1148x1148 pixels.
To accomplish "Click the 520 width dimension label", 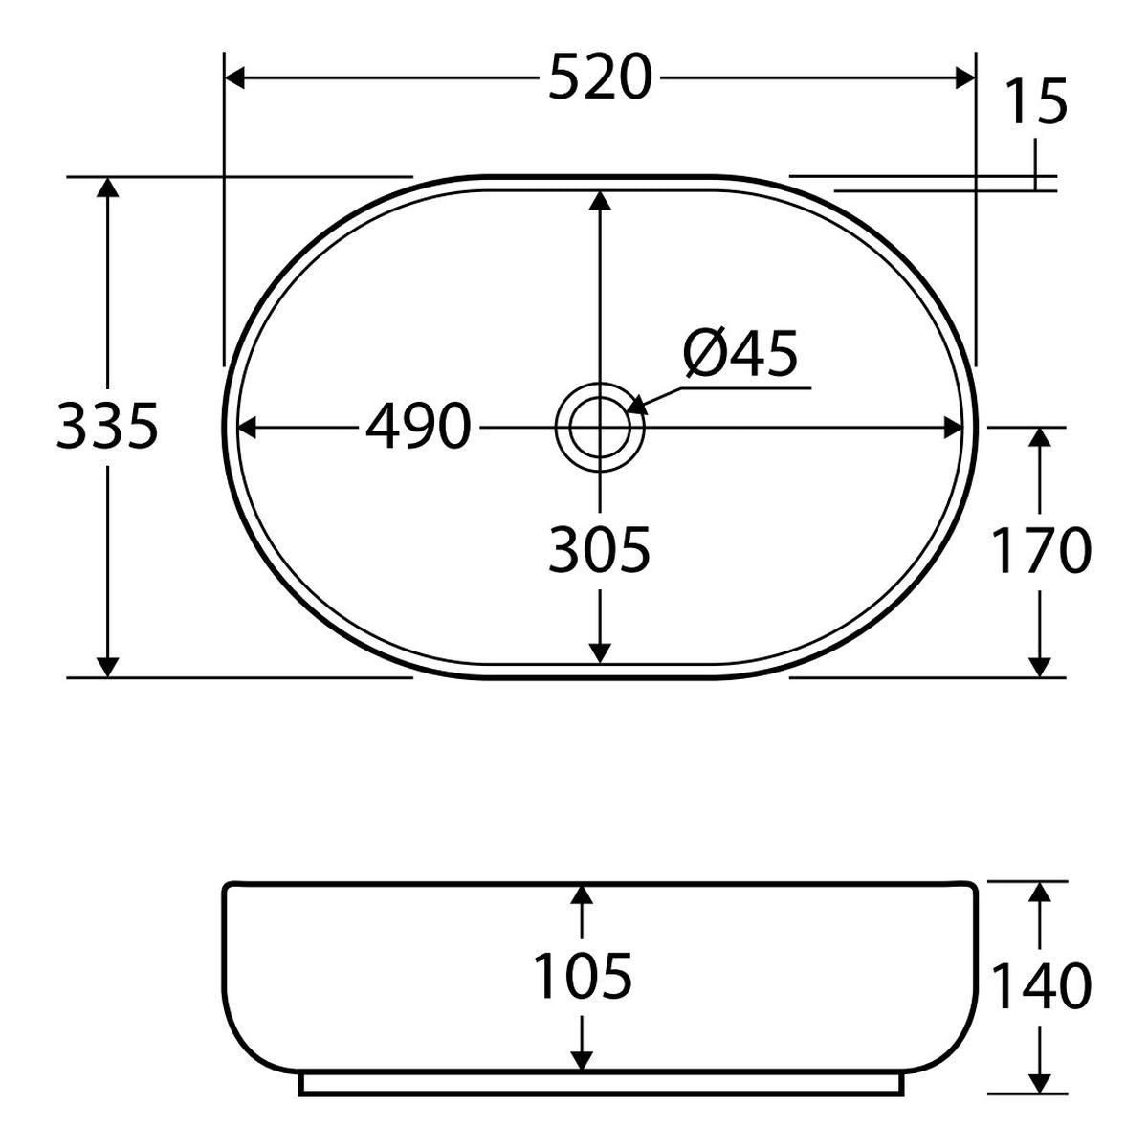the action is tap(600, 77).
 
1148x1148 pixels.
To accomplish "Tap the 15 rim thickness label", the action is tap(1035, 101).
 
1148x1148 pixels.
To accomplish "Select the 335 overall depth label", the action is tap(107, 427).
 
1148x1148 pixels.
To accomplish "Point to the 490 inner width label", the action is tap(418, 427).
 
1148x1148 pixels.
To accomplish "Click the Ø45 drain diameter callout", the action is tap(740, 355).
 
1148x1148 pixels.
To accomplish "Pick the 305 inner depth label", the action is tap(599, 551).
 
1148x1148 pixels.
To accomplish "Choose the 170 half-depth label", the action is tap(1041, 551).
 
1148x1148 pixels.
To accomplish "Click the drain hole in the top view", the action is tap(600, 427).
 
